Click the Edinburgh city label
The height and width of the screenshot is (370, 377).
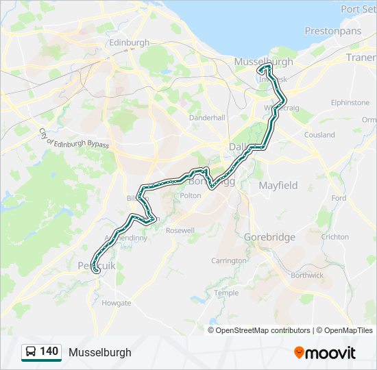coord(129,42)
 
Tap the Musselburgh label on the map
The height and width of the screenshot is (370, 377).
coord(263,62)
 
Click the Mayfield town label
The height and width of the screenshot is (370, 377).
coord(278,185)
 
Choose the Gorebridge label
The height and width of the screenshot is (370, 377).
coord(269,237)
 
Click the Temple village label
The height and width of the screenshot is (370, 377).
coord(226,293)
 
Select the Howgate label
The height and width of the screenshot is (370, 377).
coord(116,302)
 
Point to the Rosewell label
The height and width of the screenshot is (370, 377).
coord(180,230)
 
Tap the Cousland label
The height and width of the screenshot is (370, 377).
coord(319,135)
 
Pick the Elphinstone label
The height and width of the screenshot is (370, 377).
coord(350,102)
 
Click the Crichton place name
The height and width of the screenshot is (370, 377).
coord(335,237)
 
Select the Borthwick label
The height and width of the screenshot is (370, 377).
coord(306,275)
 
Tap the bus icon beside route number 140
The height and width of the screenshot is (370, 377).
coord(30,352)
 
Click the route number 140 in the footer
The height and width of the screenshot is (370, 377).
coord(49,351)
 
